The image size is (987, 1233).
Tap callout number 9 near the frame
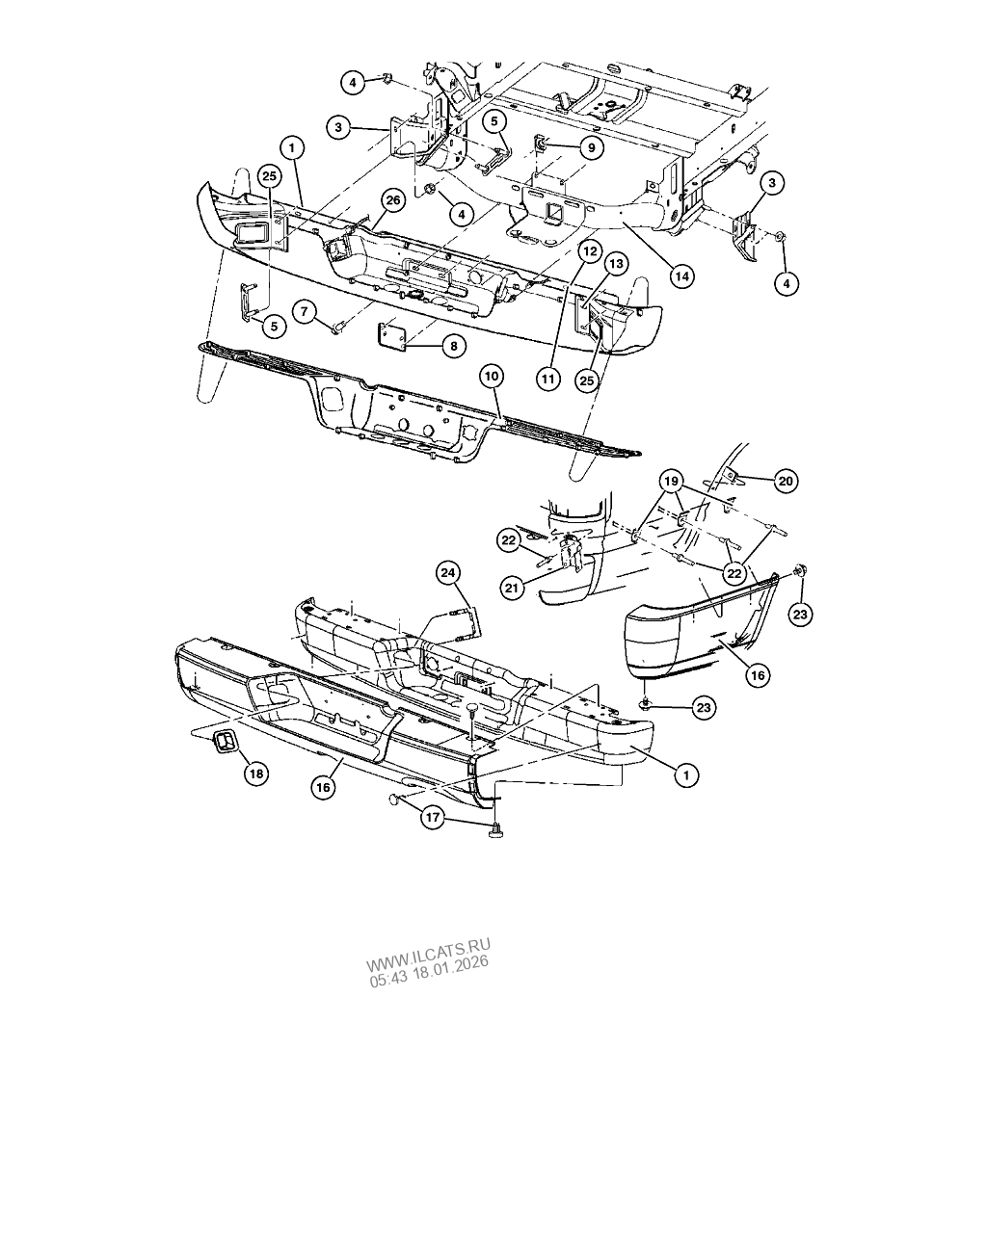[590, 147]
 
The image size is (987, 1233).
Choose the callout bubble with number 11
[548, 379]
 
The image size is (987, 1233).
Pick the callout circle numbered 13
[616, 263]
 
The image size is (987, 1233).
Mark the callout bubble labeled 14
[682, 276]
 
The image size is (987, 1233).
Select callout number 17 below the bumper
[433, 818]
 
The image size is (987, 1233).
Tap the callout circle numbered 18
[255, 773]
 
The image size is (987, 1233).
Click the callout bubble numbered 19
[672, 480]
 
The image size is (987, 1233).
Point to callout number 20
[786, 481]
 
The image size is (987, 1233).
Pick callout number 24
[448, 573]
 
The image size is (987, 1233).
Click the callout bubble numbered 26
[391, 200]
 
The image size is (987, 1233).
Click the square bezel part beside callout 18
[225, 742]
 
